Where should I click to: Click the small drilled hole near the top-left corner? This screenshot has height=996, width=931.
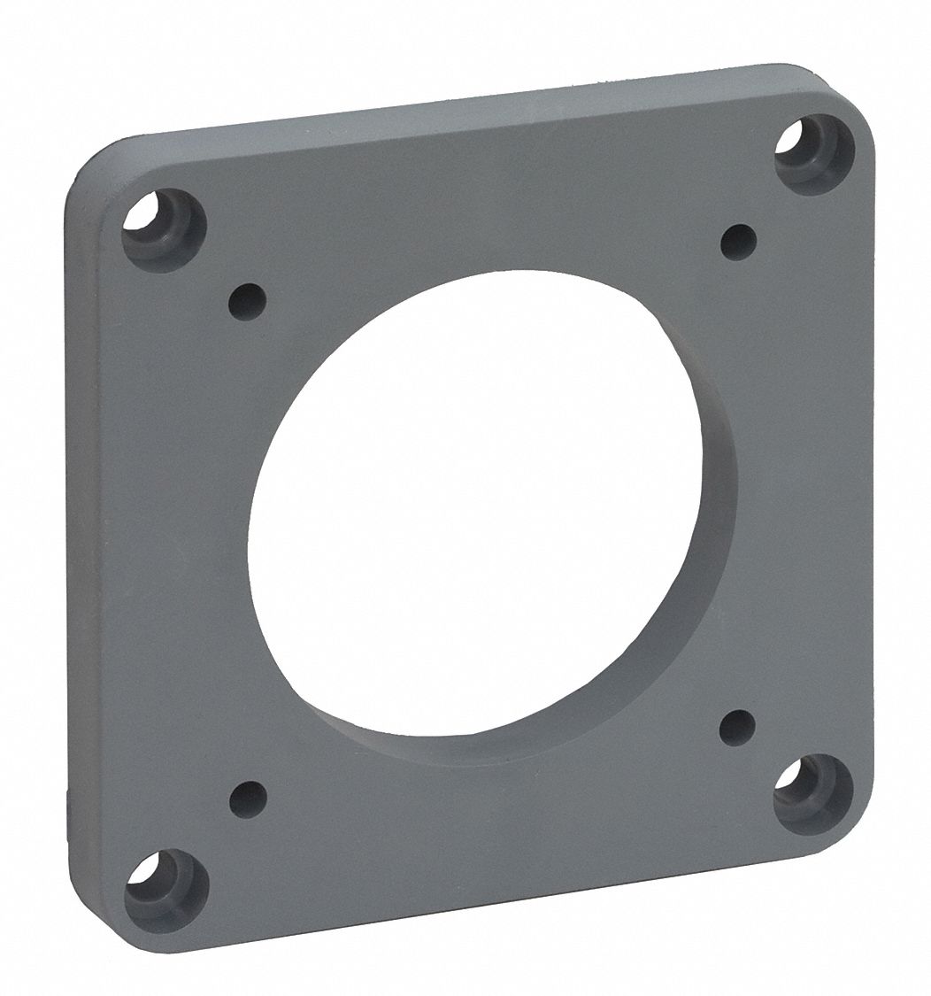coord(247,301)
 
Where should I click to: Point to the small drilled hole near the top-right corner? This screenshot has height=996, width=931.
coord(738,242)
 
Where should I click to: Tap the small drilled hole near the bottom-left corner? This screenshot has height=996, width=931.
coord(248,799)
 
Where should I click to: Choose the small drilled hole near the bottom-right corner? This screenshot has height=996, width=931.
coord(737,728)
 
